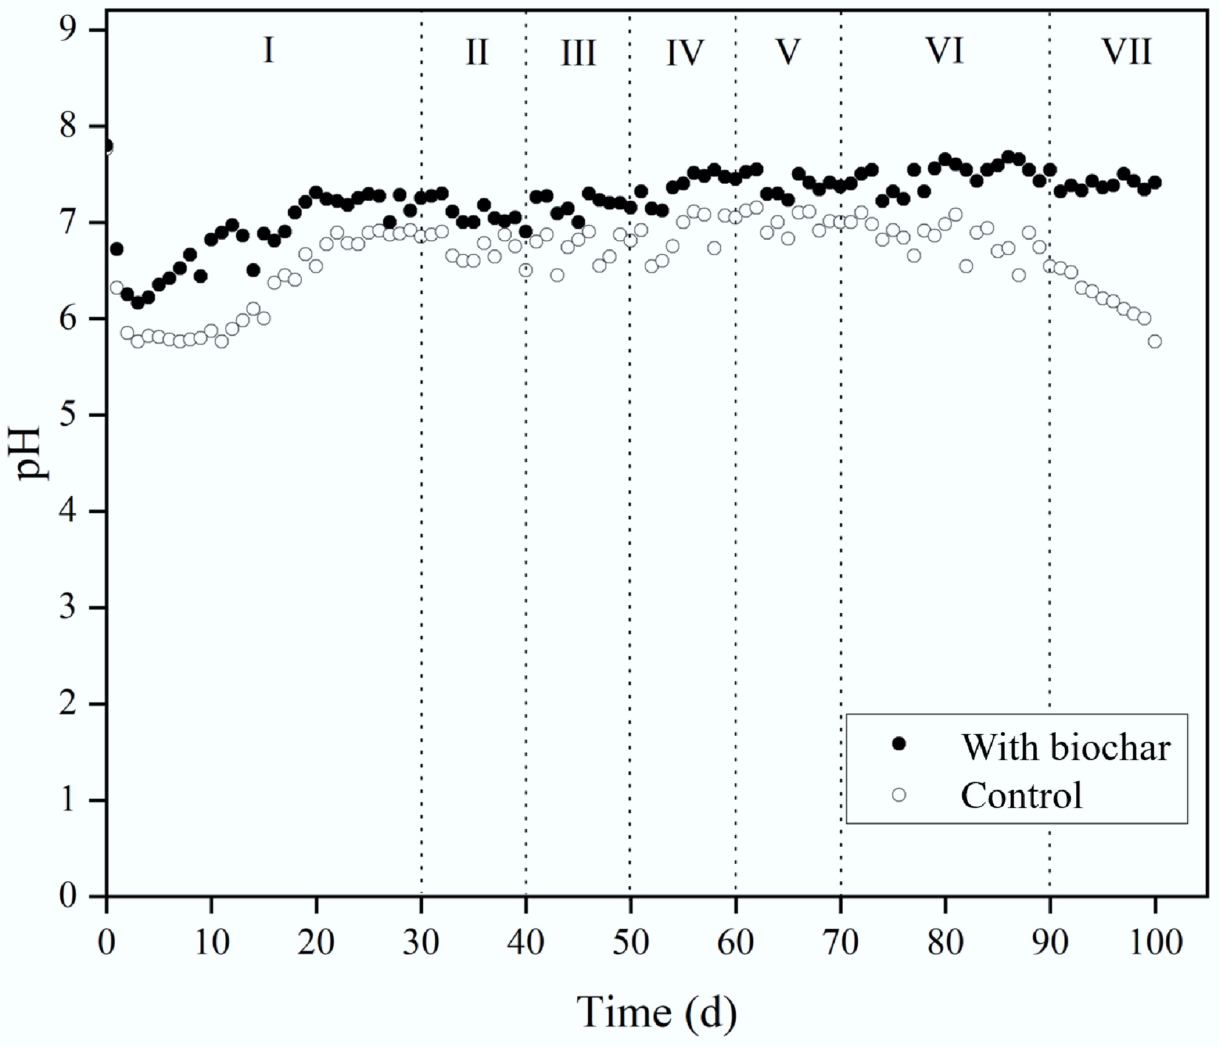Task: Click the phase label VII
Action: tap(1127, 52)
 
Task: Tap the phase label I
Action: tap(268, 51)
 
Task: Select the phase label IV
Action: tap(684, 53)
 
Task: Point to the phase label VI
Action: tap(945, 52)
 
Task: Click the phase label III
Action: tap(578, 53)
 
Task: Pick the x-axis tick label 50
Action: tap(630, 944)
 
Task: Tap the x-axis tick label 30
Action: tap(421, 944)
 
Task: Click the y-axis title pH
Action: tap(29, 453)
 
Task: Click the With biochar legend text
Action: tap(1065, 747)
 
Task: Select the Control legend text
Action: tap(1022, 795)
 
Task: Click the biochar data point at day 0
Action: tap(107, 146)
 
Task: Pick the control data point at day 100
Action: tap(1155, 342)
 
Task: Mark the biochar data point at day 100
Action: tap(1155, 183)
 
